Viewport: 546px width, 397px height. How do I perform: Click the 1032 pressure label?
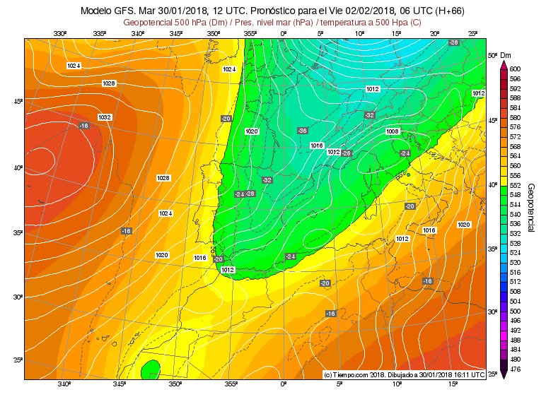pyautogui.click(x=105, y=117)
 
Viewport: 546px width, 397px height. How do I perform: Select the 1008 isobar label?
pyautogui.click(x=393, y=131)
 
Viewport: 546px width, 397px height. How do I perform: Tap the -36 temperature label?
pyautogui.click(x=302, y=131)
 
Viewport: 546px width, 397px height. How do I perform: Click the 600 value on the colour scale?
pyautogui.click(x=515, y=69)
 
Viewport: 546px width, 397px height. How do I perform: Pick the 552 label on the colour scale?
pyautogui.click(x=515, y=184)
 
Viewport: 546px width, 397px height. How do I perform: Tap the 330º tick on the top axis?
pyautogui.click(x=60, y=33)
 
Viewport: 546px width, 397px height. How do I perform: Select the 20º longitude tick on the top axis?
pyautogui.click(x=434, y=33)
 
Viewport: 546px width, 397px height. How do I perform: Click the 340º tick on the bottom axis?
pyautogui.click(x=64, y=384)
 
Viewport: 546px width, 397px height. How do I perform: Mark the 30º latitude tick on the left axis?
pyautogui.click(x=18, y=297)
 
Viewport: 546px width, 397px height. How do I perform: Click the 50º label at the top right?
pyautogui.click(x=493, y=54)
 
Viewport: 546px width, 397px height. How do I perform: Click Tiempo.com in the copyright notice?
pyautogui.click(x=352, y=374)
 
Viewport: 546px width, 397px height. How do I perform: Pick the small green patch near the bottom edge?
pyautogui.click(x=150, y=369)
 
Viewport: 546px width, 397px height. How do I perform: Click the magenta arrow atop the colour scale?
pyautogui.click(x=503, y=63)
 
